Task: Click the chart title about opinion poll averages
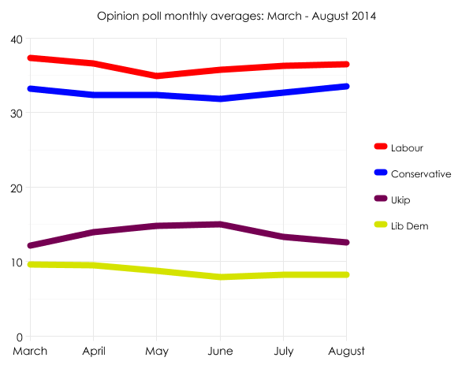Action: tap(236, 16)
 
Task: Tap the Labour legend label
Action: tap(407, 147)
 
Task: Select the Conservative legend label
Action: tap(421, 173)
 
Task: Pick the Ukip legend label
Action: tap(401, 199)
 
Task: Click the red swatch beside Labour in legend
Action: tap(380, 147)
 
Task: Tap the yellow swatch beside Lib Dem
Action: tap(380, 225)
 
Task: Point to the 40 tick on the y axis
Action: tap(16, 39)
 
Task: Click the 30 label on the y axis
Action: tap(16, 114)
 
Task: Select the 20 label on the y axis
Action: tap(16, 188)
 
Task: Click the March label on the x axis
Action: tap(30, 350)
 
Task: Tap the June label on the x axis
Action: tap(220, 350)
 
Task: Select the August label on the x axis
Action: tap(345, 350)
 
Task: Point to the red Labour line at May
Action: tap(157, 76)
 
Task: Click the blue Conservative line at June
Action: tap(220, 99)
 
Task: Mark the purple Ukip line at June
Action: tap(220, 224)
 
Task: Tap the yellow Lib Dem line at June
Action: tap(220, 277)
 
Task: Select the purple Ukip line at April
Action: tap(94, 232)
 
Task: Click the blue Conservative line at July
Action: tap(283, 92)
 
